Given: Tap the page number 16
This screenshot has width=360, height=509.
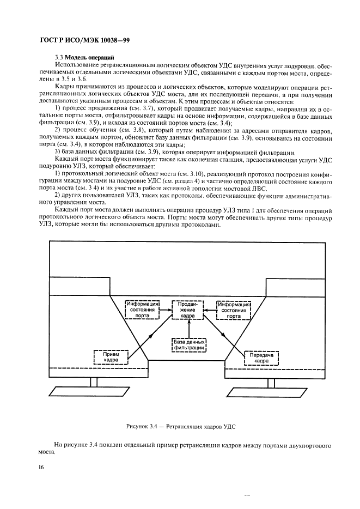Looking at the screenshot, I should click(41, 467).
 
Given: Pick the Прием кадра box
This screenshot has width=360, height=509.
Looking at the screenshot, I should click(111, 357).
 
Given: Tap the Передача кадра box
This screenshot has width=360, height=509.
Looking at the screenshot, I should click(260, 357).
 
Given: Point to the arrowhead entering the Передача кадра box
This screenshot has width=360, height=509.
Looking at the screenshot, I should click(243, 349).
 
